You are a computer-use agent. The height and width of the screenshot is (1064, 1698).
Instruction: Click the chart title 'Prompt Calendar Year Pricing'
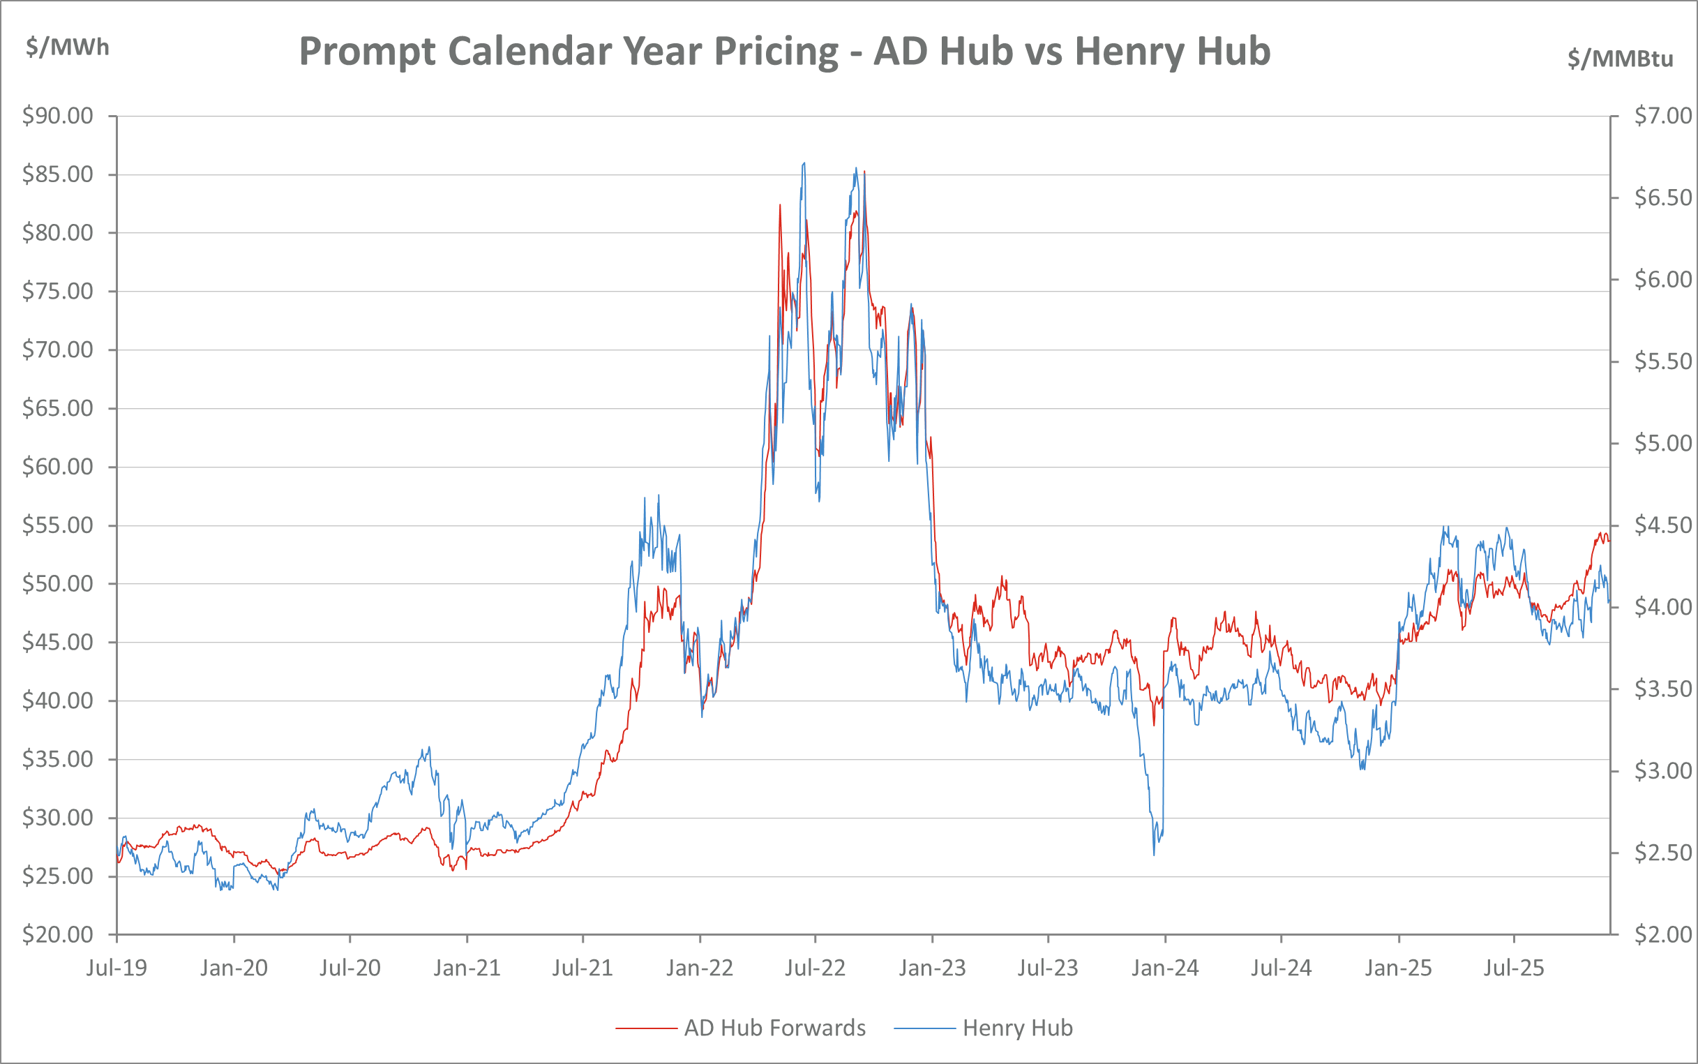784,52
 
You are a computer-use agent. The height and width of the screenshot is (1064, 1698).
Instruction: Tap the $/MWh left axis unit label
68,47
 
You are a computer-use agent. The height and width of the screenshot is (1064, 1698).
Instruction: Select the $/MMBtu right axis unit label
1620,59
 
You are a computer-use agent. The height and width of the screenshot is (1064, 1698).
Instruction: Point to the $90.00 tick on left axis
58,115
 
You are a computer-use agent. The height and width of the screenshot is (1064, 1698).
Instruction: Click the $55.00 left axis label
58,525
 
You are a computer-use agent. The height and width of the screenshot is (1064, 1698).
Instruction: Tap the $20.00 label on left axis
58,934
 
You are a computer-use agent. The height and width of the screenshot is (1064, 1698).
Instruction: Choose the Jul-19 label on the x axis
117,968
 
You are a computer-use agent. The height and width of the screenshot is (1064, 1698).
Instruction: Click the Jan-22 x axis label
700,968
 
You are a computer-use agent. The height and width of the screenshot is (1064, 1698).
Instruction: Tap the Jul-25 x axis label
1514,968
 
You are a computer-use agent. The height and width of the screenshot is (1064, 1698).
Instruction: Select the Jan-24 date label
1165,968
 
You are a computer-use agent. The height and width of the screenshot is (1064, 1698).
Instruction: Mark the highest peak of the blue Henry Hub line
804,163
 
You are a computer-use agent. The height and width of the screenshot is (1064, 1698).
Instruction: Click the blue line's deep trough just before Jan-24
1155,854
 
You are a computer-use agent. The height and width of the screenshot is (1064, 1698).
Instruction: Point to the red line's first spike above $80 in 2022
780,205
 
